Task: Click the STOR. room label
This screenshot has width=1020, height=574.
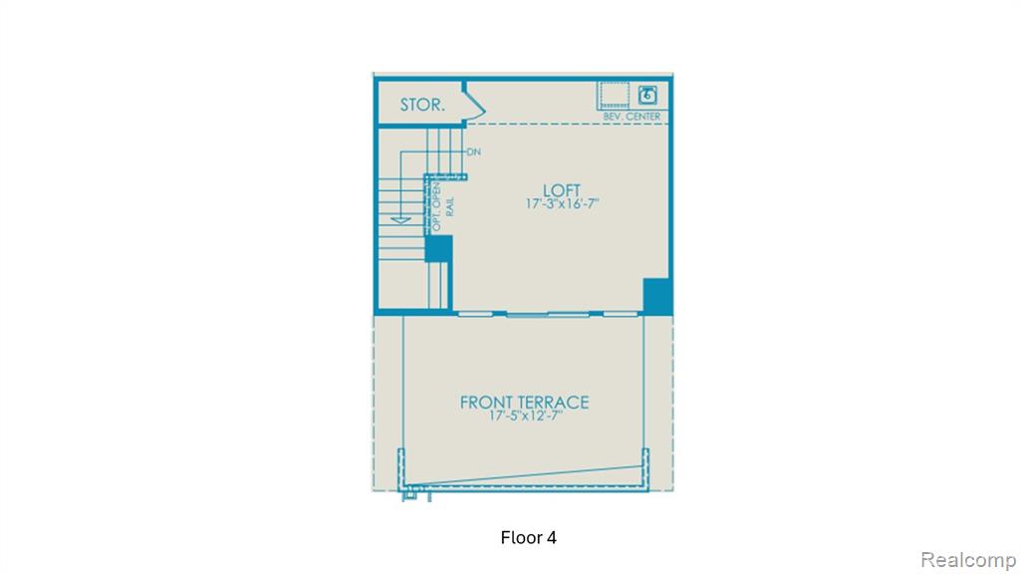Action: click(422, 105)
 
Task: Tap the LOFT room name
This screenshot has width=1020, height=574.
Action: click(562, 190)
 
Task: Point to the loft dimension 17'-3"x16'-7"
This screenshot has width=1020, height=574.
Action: click(562, 203)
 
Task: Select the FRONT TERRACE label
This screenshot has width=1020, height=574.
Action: click(524, 403)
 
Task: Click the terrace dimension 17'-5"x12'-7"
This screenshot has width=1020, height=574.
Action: click(526, 416)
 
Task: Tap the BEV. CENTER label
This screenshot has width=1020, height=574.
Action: click(632, 117)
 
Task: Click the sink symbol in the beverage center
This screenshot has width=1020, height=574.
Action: click(646, 95)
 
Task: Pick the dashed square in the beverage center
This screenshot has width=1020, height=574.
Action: click(614, 95)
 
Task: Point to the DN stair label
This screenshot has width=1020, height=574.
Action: click(473, 151)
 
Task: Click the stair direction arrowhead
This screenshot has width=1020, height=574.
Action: click(400, 220)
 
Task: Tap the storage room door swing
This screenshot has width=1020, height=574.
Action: click(474, 106)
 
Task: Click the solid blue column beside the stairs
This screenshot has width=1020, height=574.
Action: click(438, 248)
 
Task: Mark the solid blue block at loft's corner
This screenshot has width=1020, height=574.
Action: click(657, 296)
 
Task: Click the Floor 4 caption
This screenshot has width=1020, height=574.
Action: click(528, 537)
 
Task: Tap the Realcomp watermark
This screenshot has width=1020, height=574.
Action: click(968, 560)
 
